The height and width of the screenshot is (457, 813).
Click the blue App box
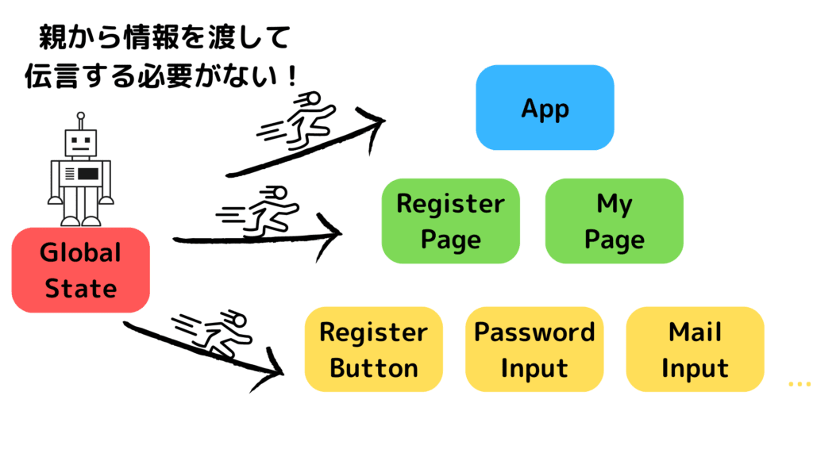coord(545,108)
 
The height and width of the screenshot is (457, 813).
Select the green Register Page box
coord(450,221)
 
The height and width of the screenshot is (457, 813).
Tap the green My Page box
coord(614,221)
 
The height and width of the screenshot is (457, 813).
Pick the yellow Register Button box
coord(374,349)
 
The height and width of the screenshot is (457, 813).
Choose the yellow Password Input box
coord(534,349)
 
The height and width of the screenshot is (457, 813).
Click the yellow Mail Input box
coord(695,349)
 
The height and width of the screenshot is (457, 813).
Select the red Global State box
coord(80,270)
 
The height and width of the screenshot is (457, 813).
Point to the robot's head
coord(80,143)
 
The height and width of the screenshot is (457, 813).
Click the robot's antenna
coord(79,120)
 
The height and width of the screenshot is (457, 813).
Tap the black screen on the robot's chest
coord(87,173)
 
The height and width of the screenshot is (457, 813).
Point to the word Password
coord(534,332)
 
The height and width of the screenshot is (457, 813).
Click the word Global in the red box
coord(80,253)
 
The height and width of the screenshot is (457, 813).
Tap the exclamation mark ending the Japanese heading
coord(291,77)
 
